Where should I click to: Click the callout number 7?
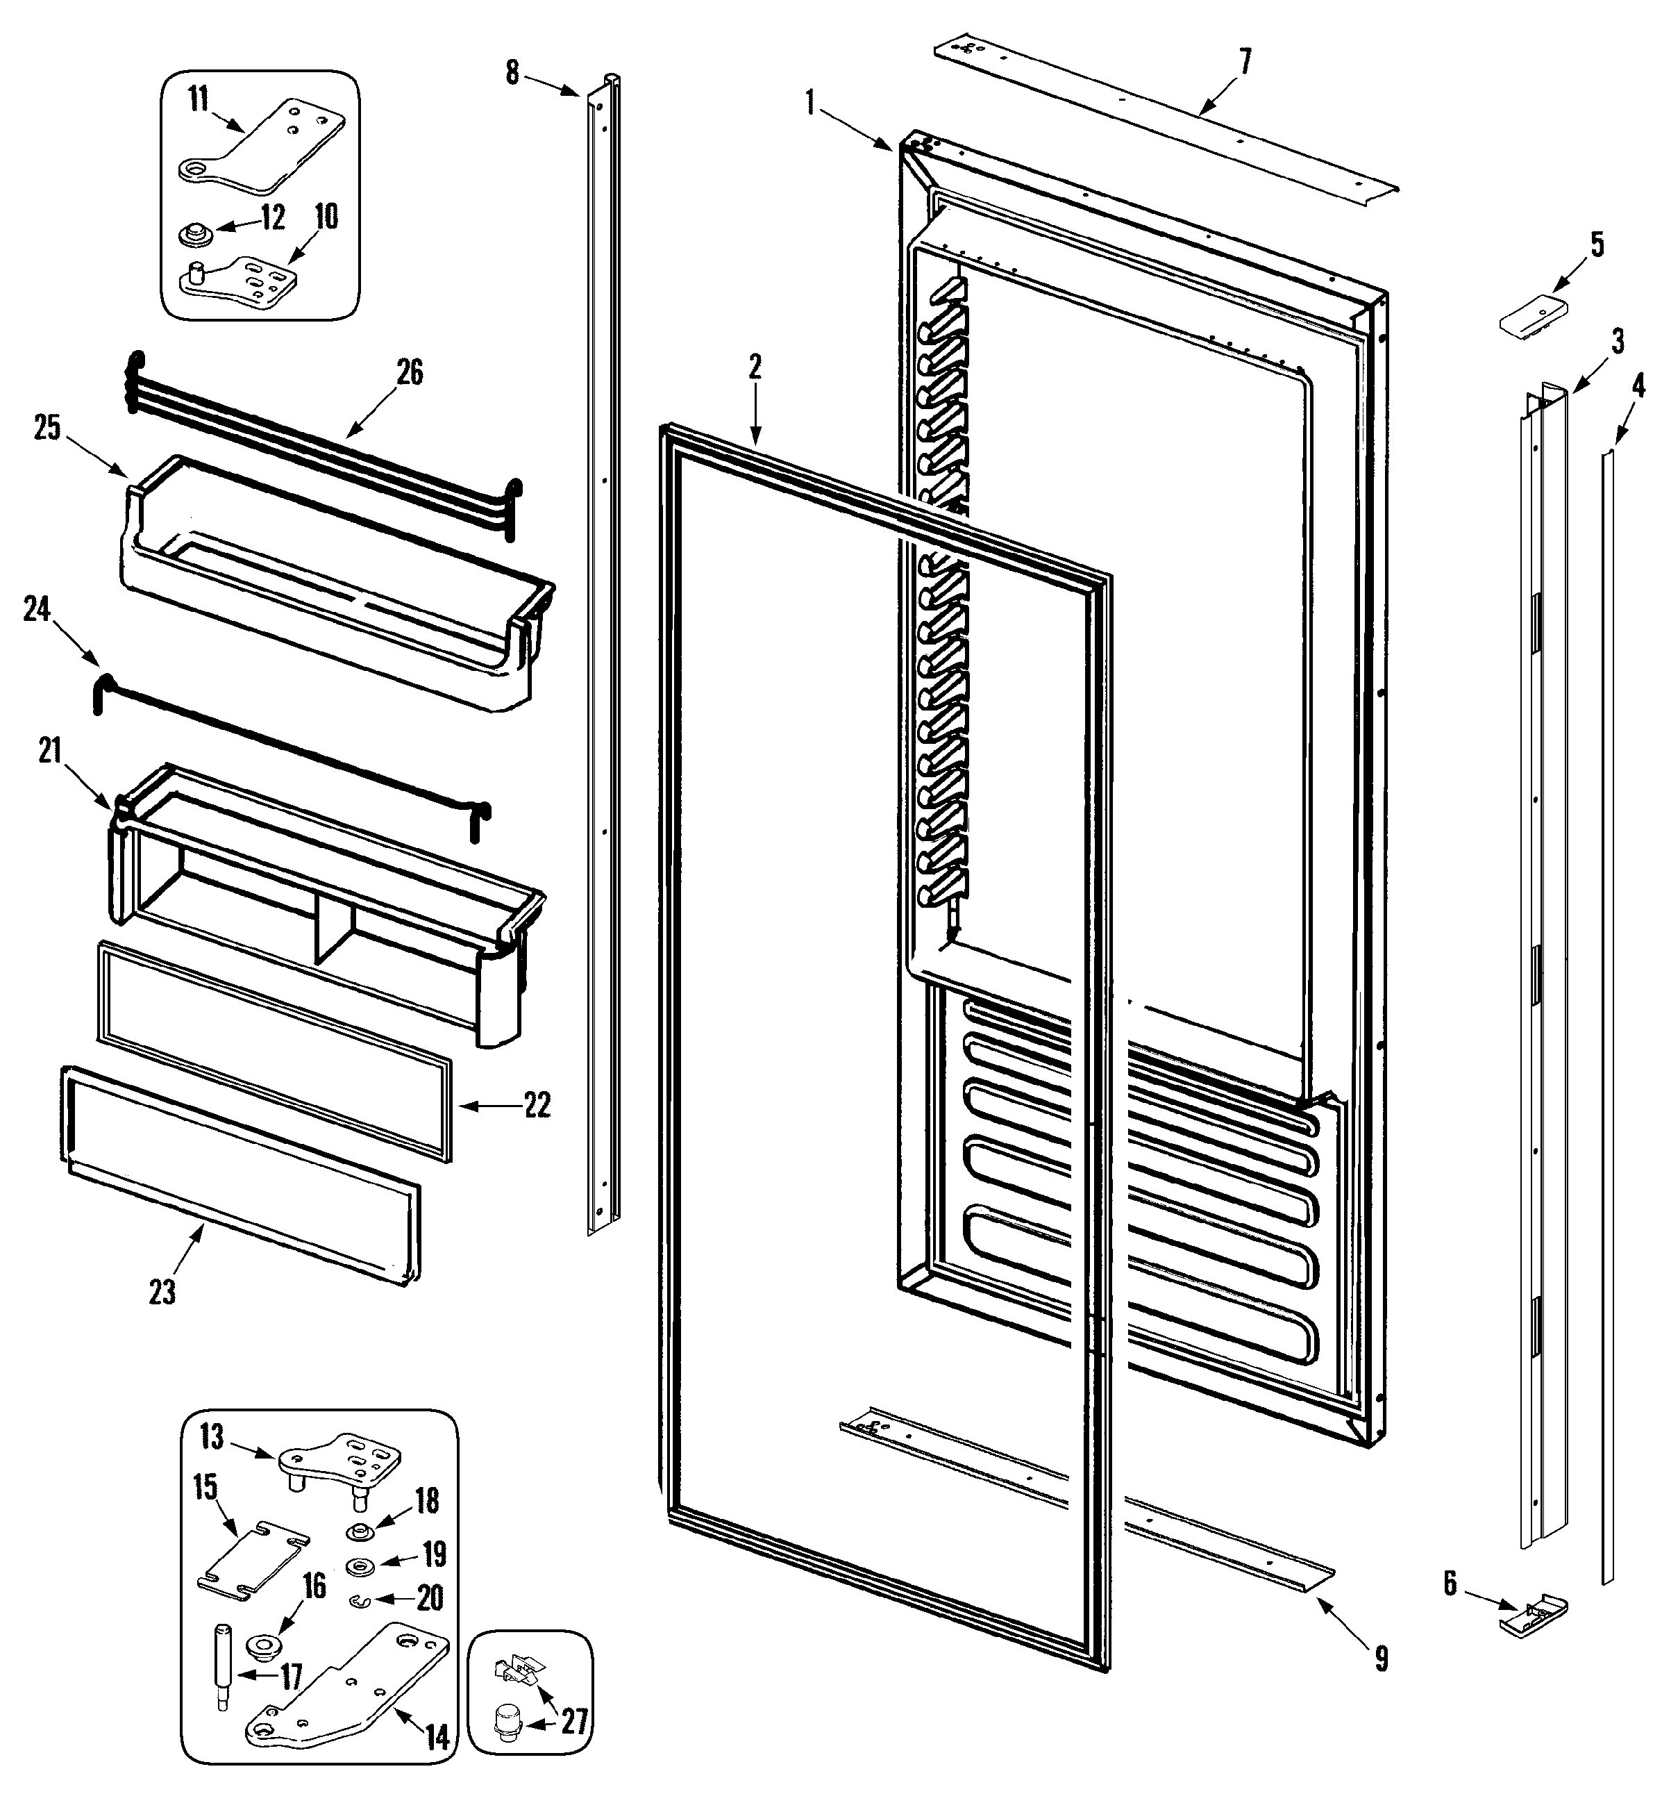[x=1245, y=61]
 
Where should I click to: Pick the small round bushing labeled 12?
[x=195, y=235]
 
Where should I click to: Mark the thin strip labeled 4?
[x=1607, y=1017]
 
